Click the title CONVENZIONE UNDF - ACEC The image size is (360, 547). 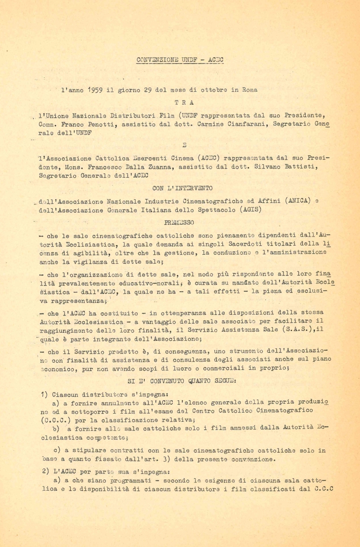180,59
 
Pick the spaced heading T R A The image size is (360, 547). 180,102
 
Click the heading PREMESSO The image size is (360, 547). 180,221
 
